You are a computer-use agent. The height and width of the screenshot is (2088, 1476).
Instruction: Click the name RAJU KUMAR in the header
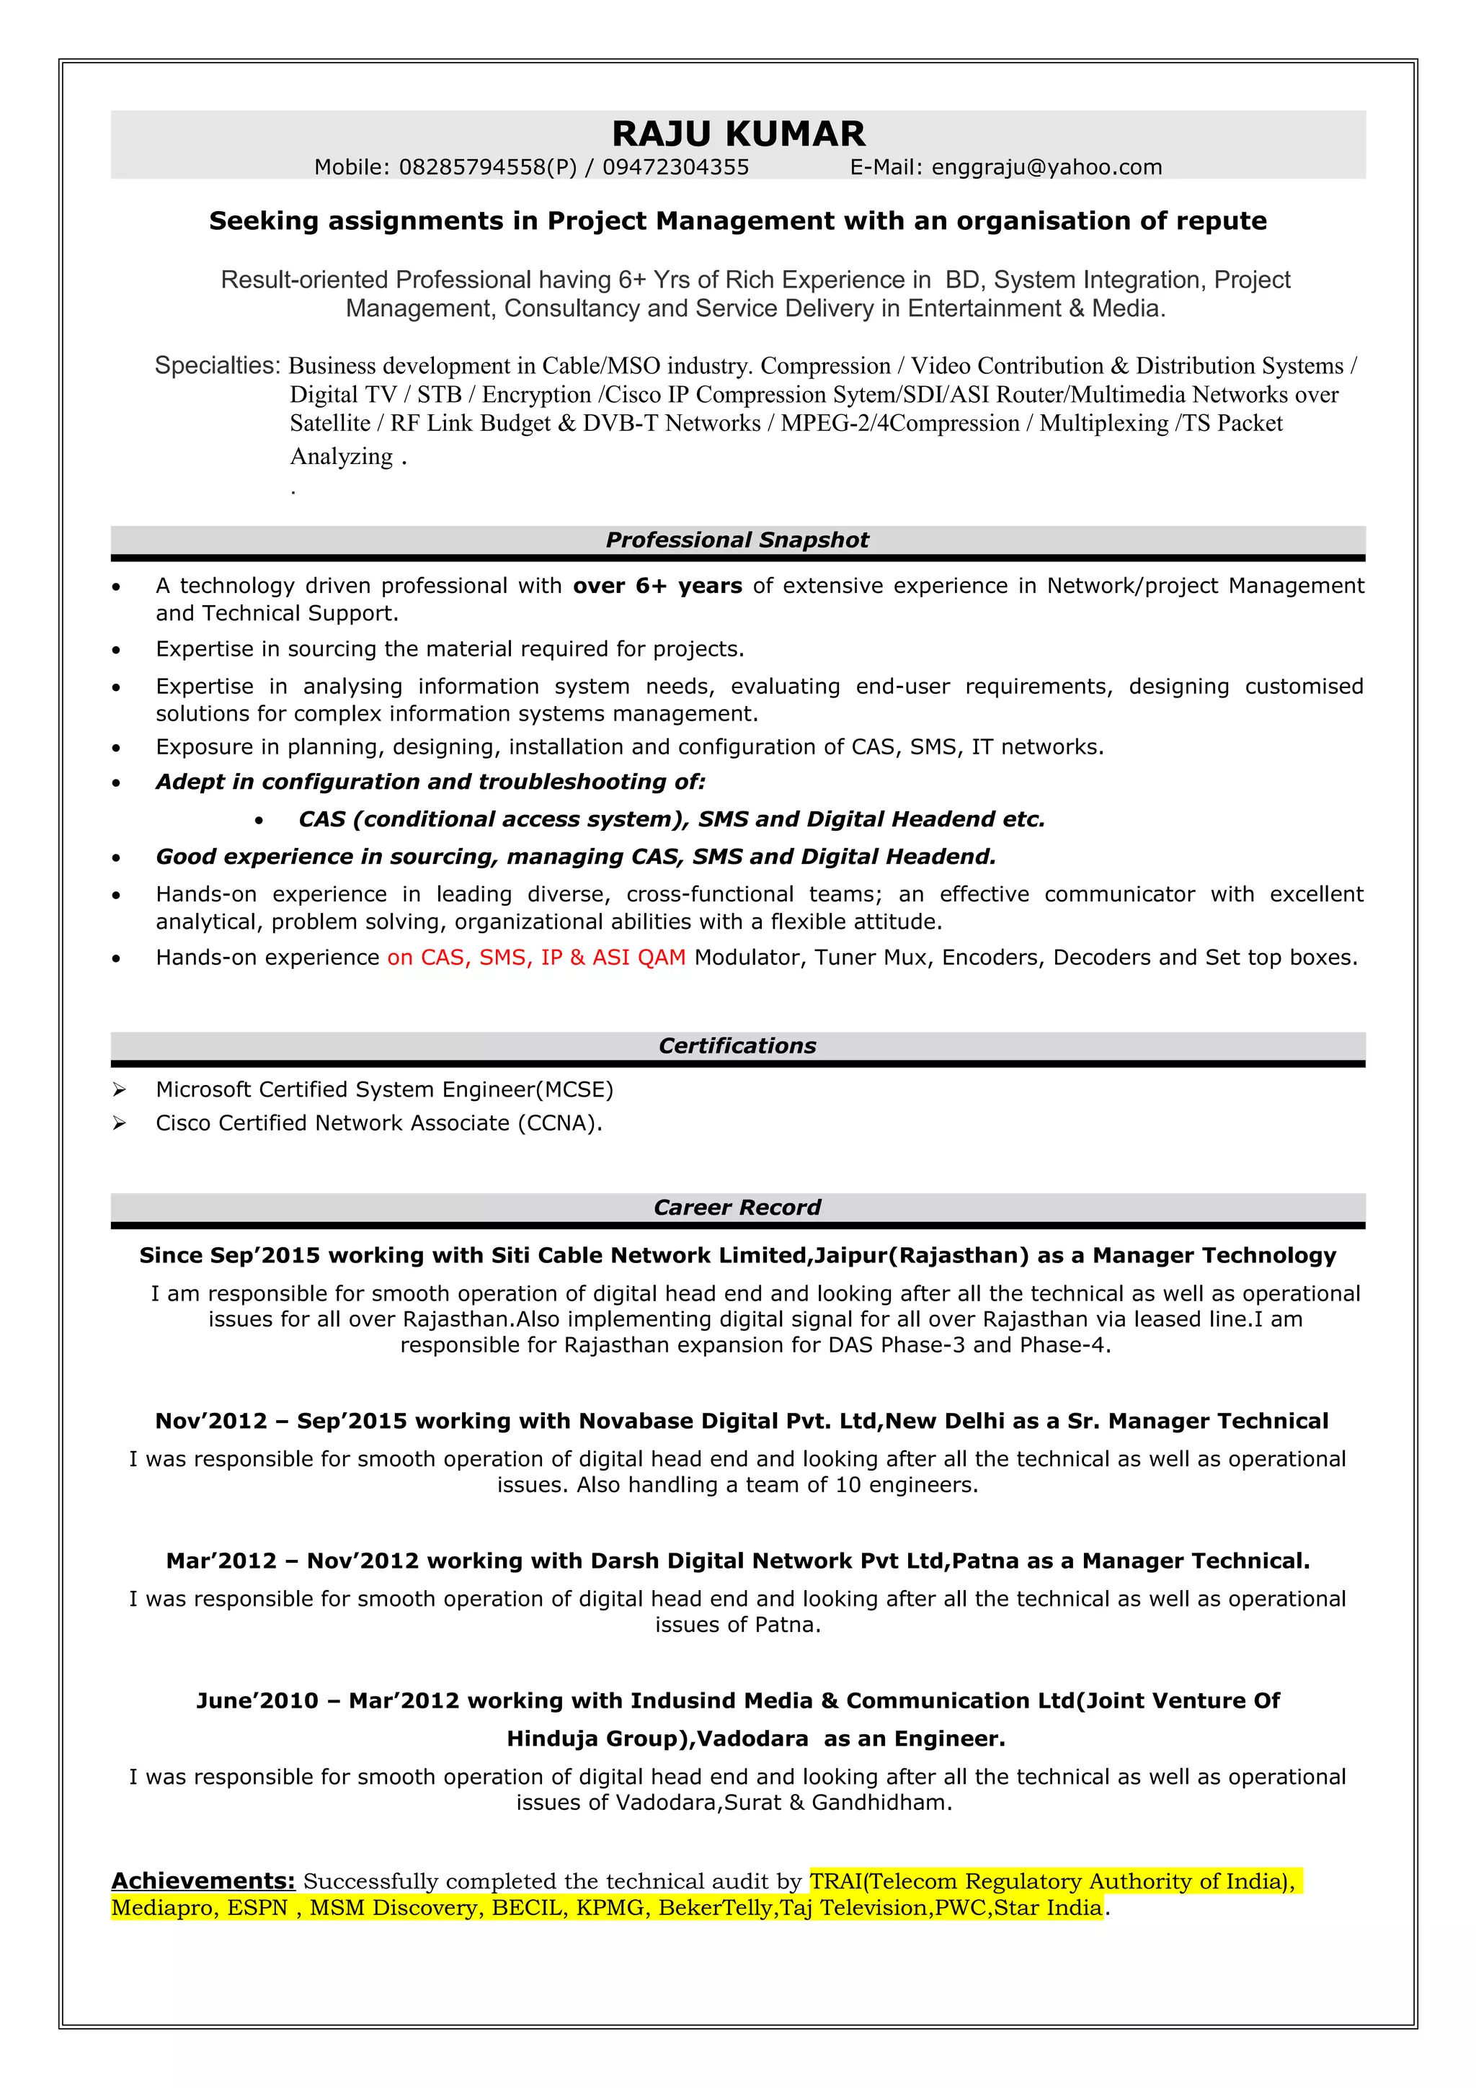tap(737, 134)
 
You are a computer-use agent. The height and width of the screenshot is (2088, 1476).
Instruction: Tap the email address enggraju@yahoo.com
tap(1046, 167)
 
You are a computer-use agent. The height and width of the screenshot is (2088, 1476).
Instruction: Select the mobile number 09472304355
tap(676, 167)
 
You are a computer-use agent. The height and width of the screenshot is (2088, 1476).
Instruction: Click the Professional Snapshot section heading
tap(737, 540)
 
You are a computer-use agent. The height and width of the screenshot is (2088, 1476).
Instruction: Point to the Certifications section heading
tap(737, 1046)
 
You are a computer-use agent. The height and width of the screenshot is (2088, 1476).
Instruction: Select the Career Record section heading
tap(737, 1208)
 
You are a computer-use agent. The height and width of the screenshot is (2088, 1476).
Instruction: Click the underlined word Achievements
tap(203, 1881)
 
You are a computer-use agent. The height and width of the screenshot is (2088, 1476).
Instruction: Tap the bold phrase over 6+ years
tap(657, 586)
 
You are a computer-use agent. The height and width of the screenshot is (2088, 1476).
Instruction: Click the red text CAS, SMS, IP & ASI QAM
tap(536, 958)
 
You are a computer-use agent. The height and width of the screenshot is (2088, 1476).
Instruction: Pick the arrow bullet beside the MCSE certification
tap(119, 1089)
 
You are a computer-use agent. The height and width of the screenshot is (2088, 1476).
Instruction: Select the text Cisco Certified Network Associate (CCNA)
tap(378, 1123)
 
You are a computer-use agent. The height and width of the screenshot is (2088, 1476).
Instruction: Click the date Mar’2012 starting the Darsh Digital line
tap(221, 1561)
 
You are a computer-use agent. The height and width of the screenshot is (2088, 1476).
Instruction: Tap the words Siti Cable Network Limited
tap(649, 1256)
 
